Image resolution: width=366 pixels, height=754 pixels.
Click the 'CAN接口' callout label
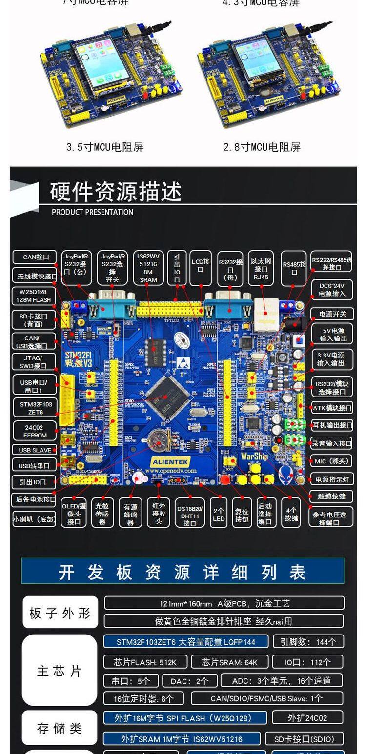pyautogui.click(x=36, y=257)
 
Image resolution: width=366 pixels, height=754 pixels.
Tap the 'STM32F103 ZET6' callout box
pyautogui.click(x=35, y=408)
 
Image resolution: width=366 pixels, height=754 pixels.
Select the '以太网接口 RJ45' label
pyautogui.click(x=261, y=268)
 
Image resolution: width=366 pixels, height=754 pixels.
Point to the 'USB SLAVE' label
pyautogui.click(x=35, y=450)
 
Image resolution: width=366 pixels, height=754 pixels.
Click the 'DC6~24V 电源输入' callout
pyautogui.click(x=332, y=290)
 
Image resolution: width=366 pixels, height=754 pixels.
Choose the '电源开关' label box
pyautogui.click(x=332, y=314)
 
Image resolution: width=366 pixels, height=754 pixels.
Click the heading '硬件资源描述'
pyautogui.click(x=116, y=192)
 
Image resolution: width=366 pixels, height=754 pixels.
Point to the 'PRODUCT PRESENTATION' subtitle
pyautogui.click(x=92, y=212)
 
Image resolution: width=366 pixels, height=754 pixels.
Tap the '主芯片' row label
pyautogui.click(x=60, y=671)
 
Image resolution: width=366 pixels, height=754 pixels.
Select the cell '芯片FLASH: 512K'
pyautogui.click(x=144, y=662)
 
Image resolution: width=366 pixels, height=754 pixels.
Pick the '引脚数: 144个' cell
pyautogui.click(x=308, y=642)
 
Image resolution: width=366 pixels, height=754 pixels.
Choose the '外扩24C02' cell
pyautogui.click(x=307, y=717)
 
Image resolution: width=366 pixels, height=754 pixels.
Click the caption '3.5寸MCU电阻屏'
pyautogui.click(x=105, y=147)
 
